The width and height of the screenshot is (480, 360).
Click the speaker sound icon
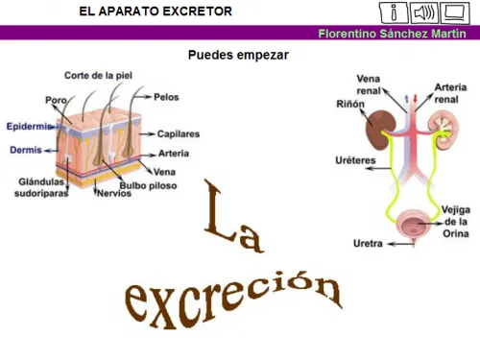pyautogui.click(x=423, y=12)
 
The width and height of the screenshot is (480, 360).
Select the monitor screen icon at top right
pyautogui.click(x=455, y=12)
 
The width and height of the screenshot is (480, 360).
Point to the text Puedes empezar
pyautogui.click(x=238, y=55)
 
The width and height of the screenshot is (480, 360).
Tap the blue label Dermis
pyautogui.click(x=26, y=150)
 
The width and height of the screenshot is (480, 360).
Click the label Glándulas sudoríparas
pyautogui.click(x=40, y=186)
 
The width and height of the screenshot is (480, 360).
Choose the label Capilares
pyautogui.click(x=178, y=134)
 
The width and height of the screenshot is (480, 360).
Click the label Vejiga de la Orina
pyautogui.click(x=456, y=220)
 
